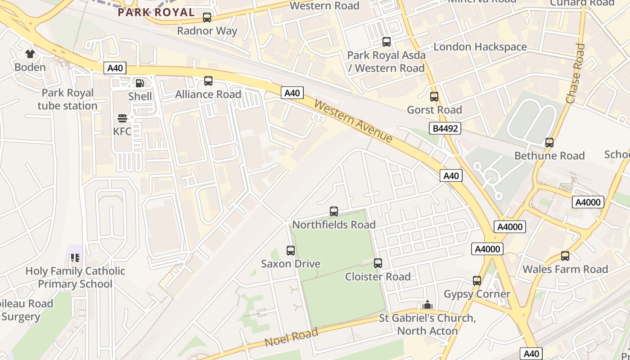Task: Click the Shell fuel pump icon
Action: (x=140, y=83)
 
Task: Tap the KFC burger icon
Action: (x=122, y=118)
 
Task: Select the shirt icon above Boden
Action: (x=30, y=54)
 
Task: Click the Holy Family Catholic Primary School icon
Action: (x=75, y=258)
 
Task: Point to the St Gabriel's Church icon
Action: (x=427, y=305)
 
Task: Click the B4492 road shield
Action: (x=445, y=129)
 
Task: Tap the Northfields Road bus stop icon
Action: (x=334, y=211)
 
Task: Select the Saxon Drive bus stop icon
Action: (x=291, y=251)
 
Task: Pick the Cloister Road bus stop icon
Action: (x=378, y=263)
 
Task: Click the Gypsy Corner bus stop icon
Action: (x=477, y=281)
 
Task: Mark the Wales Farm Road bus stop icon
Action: (x=565, y=256)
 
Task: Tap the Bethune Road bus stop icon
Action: (x=549, y=143)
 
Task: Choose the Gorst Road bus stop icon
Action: (x=434, y=97)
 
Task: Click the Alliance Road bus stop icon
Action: (x=208, y=81)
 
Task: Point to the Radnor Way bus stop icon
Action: (x=207, y=18)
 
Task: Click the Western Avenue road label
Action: (x=353, y=121)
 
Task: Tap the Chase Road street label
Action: (x=576, y=74)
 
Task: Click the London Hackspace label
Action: (x=480, y=47)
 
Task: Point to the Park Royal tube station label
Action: (x=67, y=99)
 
